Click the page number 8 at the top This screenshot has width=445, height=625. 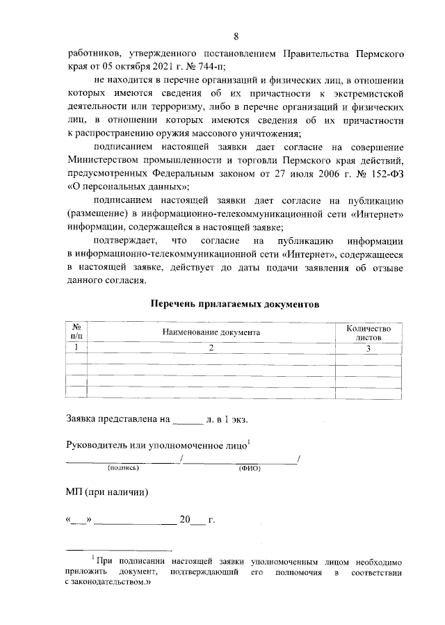point(236,36)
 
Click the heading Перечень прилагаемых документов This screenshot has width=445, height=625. point(235,305)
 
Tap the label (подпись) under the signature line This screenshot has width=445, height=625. point(123,469)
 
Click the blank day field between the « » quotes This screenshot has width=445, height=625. point(79,519)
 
